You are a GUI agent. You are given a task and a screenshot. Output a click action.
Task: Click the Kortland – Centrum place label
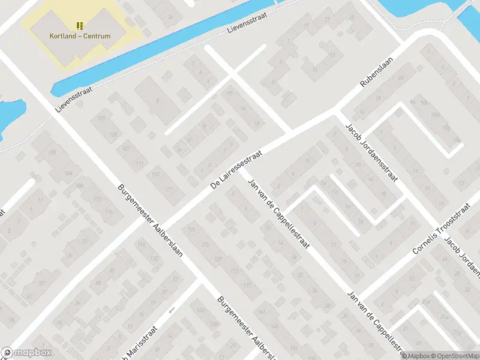(x=80, y=36)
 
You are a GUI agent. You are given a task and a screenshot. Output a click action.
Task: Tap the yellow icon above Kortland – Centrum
(x=80, y=26)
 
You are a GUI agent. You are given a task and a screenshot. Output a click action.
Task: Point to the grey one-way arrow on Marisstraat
(x=172, y=311)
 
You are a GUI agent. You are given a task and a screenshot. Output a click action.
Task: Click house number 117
(x=169, y=190)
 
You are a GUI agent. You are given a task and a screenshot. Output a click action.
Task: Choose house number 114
(x=109, y=212)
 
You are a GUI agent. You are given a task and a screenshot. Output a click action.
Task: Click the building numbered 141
(x=260, y=312)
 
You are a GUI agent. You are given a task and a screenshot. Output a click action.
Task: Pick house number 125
(x=205, y=244)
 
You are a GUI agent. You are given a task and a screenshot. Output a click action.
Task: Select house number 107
(x=125, y=148)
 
